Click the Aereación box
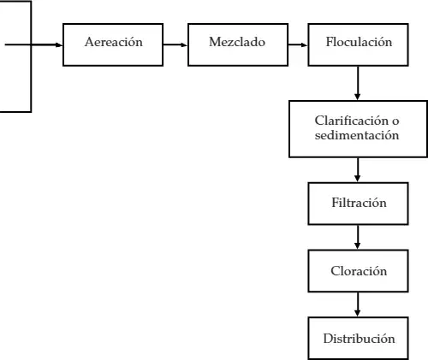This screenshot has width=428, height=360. click(x=113, y=44)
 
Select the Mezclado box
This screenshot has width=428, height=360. click(x=238, y=44)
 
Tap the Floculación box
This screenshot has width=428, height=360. click(x=358, y=44)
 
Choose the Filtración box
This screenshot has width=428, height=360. click(x=358, y=204)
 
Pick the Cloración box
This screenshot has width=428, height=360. click(x=358, y=271)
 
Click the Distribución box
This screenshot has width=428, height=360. click(x=358, y=339)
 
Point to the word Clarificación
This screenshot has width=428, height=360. click(x=352, y=121)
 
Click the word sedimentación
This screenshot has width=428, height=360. click(x=357, y=135)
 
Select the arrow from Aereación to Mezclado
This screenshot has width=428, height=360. click(x=175, y=44)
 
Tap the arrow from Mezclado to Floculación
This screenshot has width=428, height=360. click(x=298, y=44)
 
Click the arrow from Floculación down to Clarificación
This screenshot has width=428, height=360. click(x=357, y=83)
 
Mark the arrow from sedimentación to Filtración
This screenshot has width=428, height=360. click(x=357, y=169)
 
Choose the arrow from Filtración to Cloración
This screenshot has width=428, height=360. click(x=357, y=237)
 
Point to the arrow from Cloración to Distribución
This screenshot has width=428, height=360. click(x=357, y=304)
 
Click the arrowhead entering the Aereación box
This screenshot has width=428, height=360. click(x=59, y=44)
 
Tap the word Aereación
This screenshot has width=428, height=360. click(x=114, y=42)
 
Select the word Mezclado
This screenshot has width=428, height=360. click(x=237, y=42)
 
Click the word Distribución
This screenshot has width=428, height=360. click(x=359, y=339)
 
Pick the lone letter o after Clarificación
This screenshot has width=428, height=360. click(x=395, y=121)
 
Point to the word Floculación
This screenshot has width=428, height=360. click(x=359, y=42)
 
